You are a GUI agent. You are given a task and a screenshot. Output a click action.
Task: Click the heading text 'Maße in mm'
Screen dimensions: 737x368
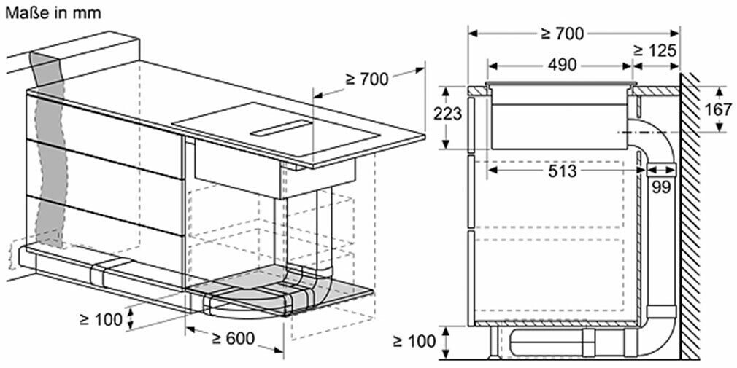tap(53, 13)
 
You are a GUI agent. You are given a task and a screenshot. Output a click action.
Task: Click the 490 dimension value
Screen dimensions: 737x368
tap(560, 66)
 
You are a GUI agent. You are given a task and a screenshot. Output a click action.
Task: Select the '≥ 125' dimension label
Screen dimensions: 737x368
tap(655, 50)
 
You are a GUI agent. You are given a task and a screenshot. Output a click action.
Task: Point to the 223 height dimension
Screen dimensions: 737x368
tap(447, 115)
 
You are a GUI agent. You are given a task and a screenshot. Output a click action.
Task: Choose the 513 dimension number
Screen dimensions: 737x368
tap(562, 171)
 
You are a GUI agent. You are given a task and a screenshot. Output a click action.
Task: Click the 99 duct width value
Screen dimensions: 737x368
tap(661, 187)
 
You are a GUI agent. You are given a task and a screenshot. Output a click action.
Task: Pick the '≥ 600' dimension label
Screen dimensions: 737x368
tap(233, 338)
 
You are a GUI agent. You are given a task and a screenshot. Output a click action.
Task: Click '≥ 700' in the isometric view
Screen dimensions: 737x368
tap(367, 79)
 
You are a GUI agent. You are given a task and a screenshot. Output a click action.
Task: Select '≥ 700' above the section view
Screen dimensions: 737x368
tap(562, 34)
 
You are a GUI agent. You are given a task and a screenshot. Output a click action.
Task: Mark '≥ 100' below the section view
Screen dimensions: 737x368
tap(414, 341)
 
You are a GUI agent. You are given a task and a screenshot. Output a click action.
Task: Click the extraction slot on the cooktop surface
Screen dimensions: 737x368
tap(282, 128)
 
